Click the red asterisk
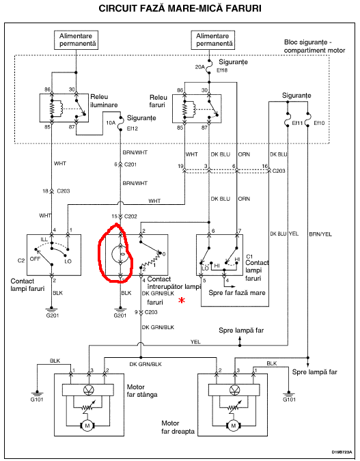coord(182,301)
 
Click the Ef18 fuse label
coord(222,70)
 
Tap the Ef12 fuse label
coord(132,128)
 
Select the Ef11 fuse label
coord(297,123)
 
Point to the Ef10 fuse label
coord(319,123)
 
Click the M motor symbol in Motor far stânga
coord(87,425)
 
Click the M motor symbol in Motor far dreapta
coord(234,425)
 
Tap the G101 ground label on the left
coord(37,400)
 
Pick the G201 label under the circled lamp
coord(120,316)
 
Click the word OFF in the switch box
coord(35,259)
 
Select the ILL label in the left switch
coord(44,240)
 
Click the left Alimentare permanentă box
coord(77,40)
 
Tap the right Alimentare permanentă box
coord(213,40)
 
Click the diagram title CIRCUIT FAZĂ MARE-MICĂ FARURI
coord(180,8)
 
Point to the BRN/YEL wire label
coord(320,234)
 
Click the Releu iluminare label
coord(104,101)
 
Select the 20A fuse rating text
coord(199,67)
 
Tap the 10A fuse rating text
coord(111,123)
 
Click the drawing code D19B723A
coord(342,452)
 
